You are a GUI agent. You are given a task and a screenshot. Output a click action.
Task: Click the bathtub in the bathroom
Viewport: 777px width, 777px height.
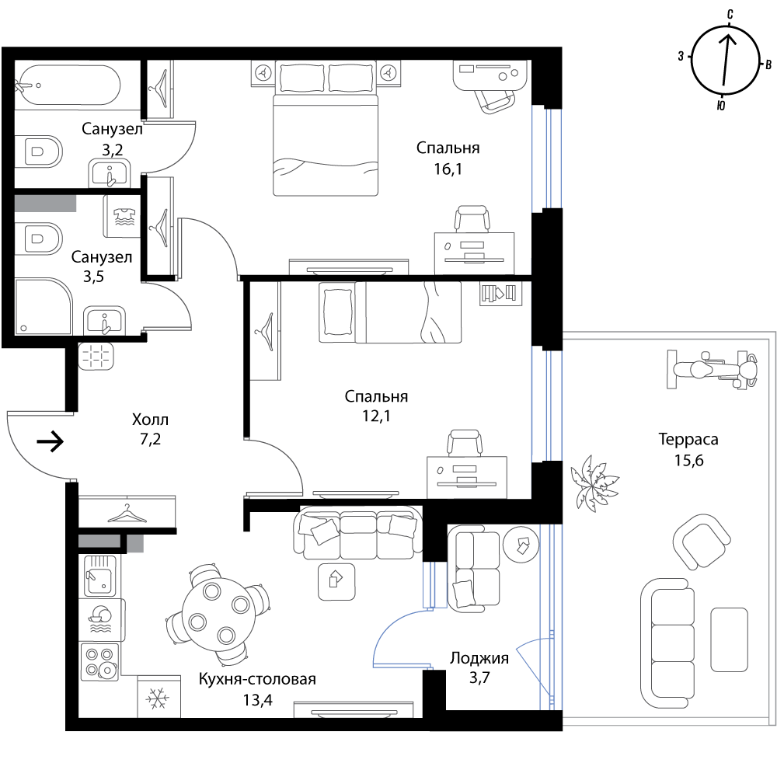click(68, 85)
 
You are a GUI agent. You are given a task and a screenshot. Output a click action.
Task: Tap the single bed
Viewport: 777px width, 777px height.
click(390, 312)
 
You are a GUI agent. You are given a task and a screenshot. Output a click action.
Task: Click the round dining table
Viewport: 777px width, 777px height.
click(217, 615)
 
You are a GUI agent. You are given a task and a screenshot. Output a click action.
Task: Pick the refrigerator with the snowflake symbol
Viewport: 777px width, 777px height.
click(159, 698)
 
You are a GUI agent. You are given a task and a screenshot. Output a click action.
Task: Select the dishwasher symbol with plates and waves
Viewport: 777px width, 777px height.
click(101, 619)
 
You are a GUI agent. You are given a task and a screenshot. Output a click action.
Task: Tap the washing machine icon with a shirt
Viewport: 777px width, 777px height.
click(122, 217)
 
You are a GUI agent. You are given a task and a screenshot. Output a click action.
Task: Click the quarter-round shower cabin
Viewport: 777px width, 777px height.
click(42, 306)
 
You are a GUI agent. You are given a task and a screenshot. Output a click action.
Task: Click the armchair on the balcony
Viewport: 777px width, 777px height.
click(702, 541)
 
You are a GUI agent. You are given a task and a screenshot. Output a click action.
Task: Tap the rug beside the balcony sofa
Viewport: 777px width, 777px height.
click(729, 639)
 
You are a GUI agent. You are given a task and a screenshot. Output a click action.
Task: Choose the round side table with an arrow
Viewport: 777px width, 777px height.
click(521, 543)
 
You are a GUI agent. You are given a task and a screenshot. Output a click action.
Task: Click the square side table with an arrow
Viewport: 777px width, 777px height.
click(336, 581)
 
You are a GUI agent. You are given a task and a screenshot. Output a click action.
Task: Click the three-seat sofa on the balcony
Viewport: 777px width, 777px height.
click(668, 643)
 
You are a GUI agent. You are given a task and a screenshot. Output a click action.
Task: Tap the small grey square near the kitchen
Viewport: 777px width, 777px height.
click(135, 544)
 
